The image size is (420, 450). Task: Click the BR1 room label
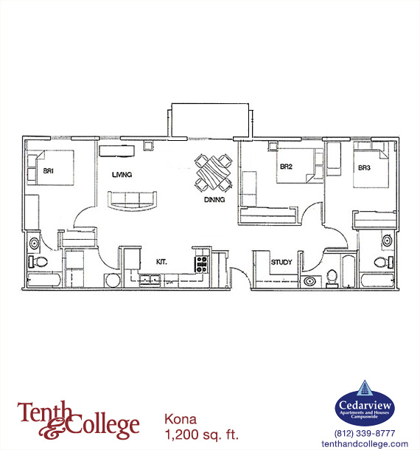click(x=49, y=171)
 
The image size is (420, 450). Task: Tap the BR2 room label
click(x=286, y=167)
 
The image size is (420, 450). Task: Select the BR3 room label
click(x=365, y=167)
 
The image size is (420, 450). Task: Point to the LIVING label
click(x=122, y=175)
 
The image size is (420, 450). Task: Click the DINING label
click(x=214, y=199)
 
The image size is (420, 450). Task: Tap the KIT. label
click(x=161, y=262)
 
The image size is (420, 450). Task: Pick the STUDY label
click(x=281, y=262)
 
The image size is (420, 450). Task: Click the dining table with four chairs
click(x=214, y=173)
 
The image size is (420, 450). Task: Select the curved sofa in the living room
click(x=132, y=201)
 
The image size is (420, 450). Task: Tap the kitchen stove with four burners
click(x=202, y=264)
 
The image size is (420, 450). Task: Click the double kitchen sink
click(x=150, y=280)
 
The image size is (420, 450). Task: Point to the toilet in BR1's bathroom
click(x=38, y=262)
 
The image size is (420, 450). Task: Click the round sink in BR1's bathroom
click(x=35, y=243)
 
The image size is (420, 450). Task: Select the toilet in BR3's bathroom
click(x=384, y=262)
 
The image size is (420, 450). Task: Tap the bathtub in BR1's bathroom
click(x=44, y=280)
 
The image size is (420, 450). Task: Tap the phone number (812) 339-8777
click(x=365, y=433)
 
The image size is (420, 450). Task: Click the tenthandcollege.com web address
click(x=365, y=443)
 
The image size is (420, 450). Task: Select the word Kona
click(x=181, y=419)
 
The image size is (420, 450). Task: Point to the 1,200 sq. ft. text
click(x=202, y=435)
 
